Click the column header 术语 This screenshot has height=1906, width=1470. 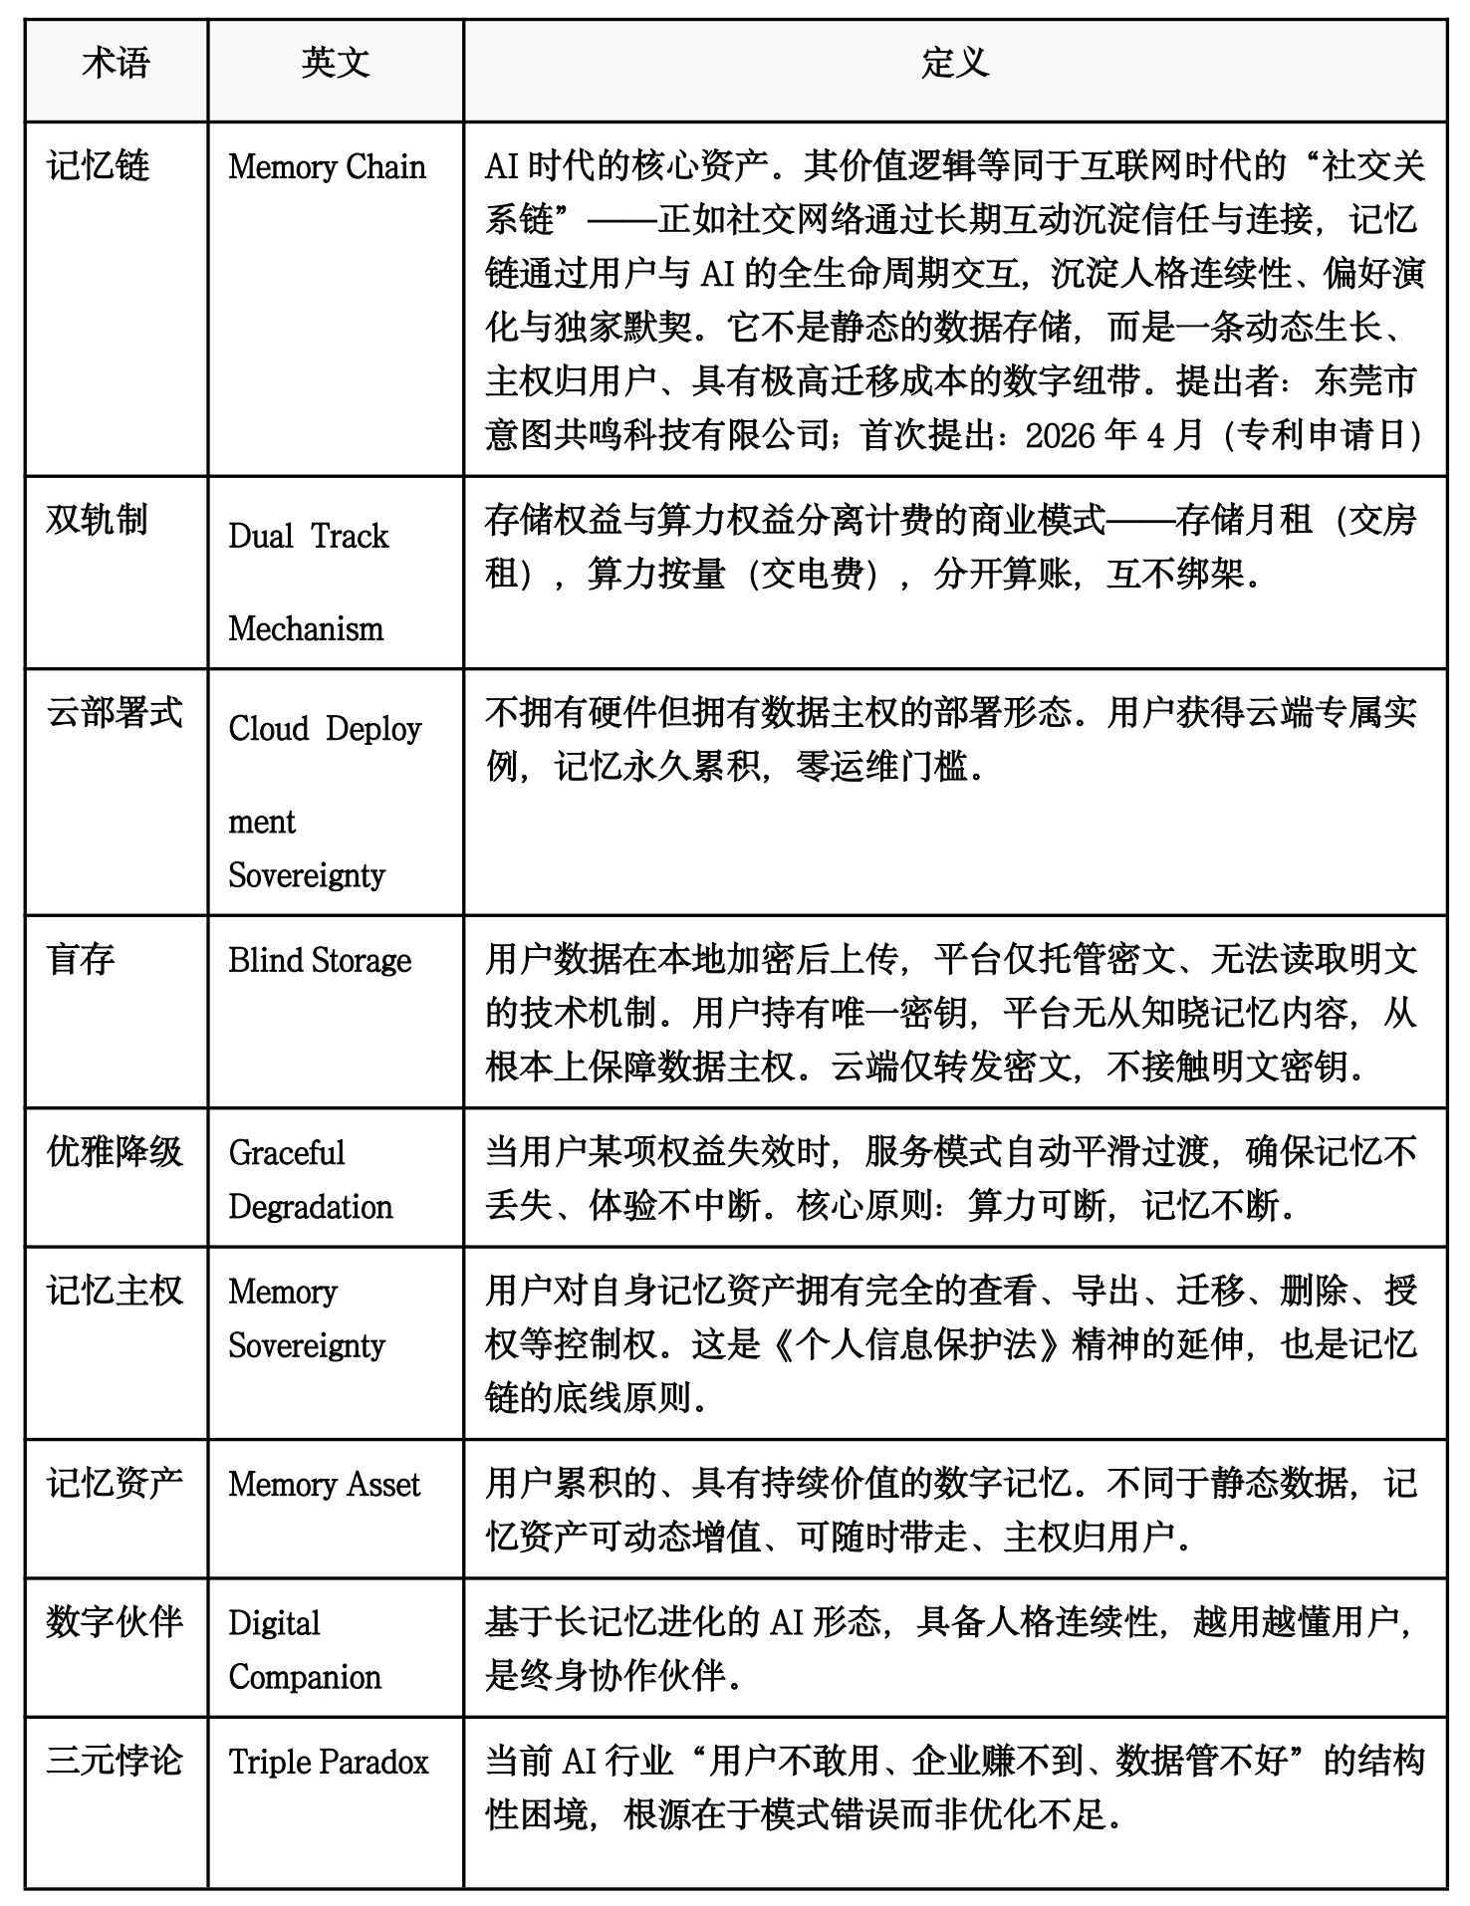pos(116,65)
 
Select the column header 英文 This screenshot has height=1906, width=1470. pos(336,65)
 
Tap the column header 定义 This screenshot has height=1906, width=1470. pos(954,65)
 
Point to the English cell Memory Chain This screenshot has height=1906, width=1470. pos(327,166)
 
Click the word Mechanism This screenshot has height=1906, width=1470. pos(306,628)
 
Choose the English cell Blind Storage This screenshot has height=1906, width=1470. pos(320,960)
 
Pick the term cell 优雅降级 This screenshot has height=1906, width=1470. pos(115,1152)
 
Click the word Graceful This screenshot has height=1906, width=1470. pos(287,1153)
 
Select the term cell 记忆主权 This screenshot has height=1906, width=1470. pos(115,1292)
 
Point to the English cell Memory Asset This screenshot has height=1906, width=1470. pos(325,1484)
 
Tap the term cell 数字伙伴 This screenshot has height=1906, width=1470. pos(115,1622)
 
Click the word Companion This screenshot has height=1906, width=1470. pos(305,1677)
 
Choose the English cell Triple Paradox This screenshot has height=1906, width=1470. pos(329,1762)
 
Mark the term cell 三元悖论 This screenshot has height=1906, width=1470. pos(115,1761)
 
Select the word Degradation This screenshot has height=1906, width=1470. pos(311,1207)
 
